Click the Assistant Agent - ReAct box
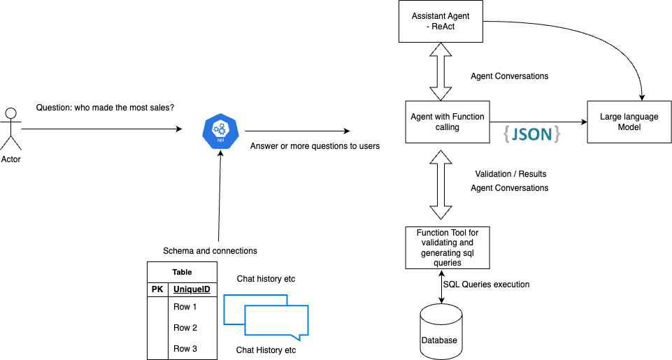(x=440, y=21)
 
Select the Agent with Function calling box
(x=448, y=122)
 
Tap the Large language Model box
(x=629, y=122)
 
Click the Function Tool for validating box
(x=448, y=247)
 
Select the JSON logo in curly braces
(x=531, y=134)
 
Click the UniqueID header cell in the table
(x=192, y=289)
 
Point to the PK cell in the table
(x=157, y=289)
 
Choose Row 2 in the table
(x=185, y=327)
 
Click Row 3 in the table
(x=185, y=348)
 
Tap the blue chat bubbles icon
(x=266, y=315)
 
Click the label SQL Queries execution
(x=486, y=285)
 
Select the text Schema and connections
(x=210, y=251)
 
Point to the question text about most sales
(x=105, y=108)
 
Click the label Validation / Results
(x=510, y=173)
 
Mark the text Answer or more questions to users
(x=315, y=146)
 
